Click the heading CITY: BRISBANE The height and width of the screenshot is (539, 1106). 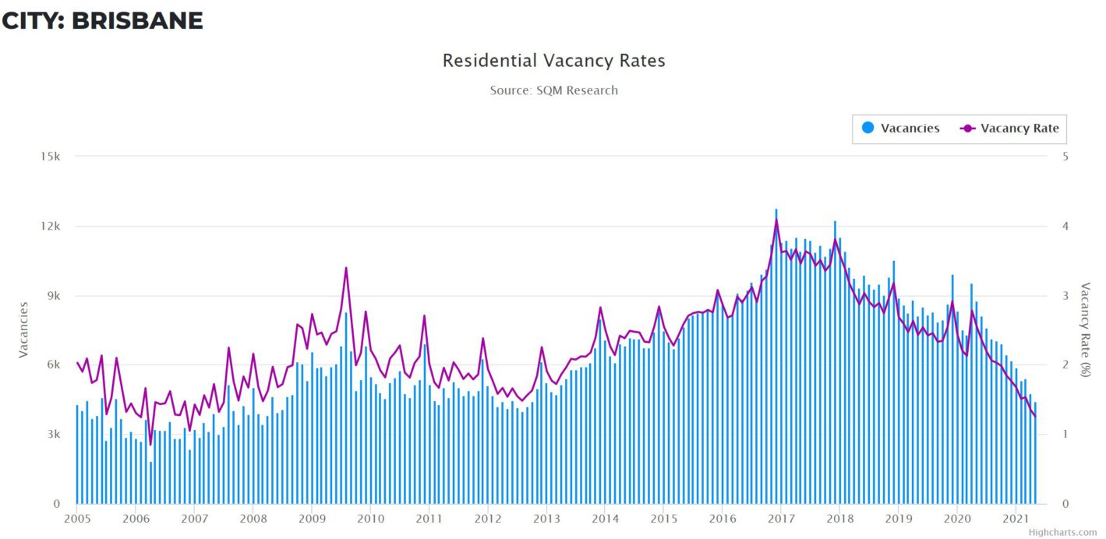tap(102, 21)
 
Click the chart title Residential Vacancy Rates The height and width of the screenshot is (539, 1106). tap(553, 61)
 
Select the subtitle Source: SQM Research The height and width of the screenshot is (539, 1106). tap(553, 90)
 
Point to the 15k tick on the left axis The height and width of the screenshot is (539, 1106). tap(51, 157)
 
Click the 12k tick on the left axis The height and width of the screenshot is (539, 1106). tap(51, 226)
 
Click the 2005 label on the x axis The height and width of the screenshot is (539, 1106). tap(76, 519)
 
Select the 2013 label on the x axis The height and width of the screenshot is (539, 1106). tap(546, 519)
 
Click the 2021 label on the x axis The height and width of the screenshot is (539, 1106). tap(1016, 519)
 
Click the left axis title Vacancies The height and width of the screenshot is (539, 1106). tap(23, 330)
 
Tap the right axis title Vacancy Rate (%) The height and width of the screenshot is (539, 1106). tap(1085, 330)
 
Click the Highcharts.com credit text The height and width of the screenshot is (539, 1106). tap(1062, 533)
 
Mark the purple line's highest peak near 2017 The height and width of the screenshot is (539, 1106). tap(776, 220)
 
